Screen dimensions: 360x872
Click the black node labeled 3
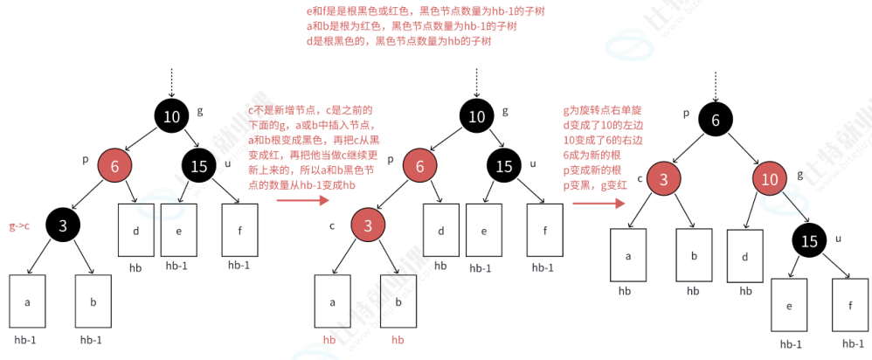click(63, 225)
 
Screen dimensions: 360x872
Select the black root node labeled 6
click(716, 121)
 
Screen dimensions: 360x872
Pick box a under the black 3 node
click(28, 301)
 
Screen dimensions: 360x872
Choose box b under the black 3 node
click(93, 301)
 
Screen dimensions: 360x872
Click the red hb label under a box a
click(329, 339)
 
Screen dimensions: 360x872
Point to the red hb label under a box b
click(398, 339)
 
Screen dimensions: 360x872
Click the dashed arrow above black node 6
click(716, 86)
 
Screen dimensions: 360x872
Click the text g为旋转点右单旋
click(603, 111)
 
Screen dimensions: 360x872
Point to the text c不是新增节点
click(311, 110)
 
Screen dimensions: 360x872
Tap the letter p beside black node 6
click(687, 113)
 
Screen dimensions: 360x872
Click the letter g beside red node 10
click(799, 174)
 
